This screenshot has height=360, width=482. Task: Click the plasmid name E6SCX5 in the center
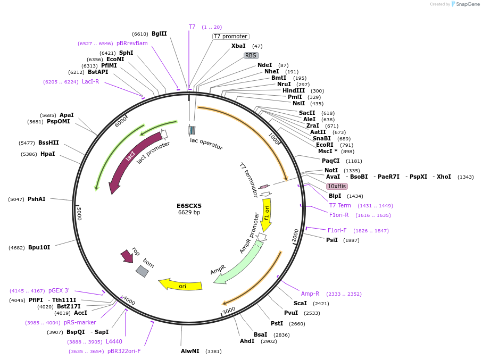click(x=189, y=206)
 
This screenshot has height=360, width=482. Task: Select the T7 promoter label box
click(x=230, y=37)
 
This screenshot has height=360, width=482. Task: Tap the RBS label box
click(x=251, y=55)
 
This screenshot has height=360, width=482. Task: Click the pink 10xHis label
click(x=337, y=186)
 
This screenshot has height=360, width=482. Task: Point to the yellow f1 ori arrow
click(x=267, y=213)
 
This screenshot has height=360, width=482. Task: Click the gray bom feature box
click(x=142, y=271)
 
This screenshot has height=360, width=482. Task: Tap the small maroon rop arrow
click(x=127, y=256)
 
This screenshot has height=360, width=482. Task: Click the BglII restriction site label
click(x=159, y=34)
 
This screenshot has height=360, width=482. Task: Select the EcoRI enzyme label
click(x=325, y=145)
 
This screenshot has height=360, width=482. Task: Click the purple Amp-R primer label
click(x=310, y=294)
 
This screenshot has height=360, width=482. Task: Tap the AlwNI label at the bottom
click(x=190, y=351)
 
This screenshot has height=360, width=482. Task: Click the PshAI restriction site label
click(x=37, y=199)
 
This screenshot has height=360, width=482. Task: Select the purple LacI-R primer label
click(x=90, y=81)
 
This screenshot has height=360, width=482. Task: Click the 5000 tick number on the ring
click(x=79, y=214)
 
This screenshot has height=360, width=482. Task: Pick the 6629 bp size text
click(x=189, y=213)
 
